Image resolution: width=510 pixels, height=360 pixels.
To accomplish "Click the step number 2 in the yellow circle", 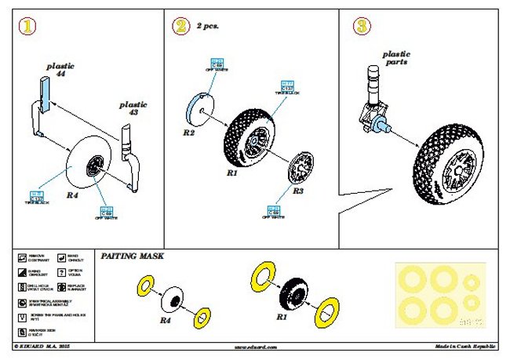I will [181, 27].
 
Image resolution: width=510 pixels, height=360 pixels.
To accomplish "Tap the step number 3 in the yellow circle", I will [362, 27].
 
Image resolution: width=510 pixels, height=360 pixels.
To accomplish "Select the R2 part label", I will [188, 133].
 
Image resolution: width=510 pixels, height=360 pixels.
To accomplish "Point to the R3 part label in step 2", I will [297, 190].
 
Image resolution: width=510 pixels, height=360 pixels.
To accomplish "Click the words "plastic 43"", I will [133, 110].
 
